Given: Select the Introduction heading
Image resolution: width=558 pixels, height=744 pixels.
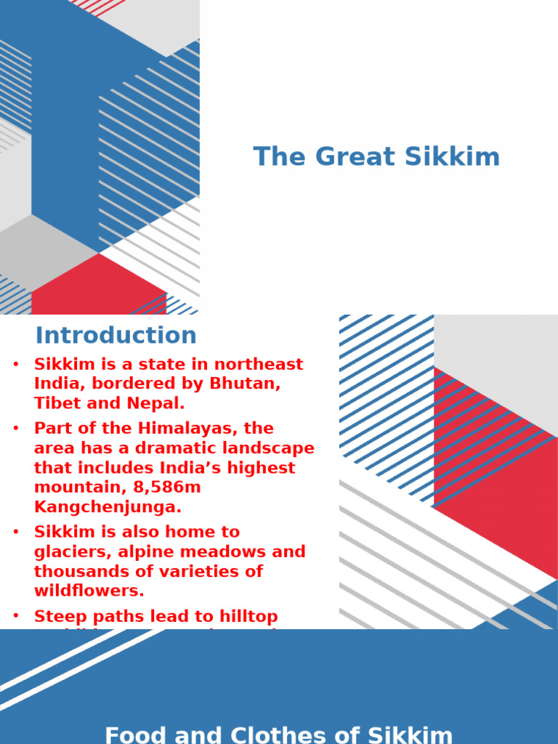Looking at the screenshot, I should [x=116, y=336].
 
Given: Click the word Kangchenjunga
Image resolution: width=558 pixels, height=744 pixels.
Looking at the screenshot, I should [x=108, y=506].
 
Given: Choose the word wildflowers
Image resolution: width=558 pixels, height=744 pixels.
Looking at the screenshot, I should [x=89, y=591].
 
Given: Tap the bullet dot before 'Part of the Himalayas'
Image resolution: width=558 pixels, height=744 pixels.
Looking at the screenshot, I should [x=16, y=429].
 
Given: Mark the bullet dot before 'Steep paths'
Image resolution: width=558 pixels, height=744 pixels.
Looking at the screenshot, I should [x=16, y=617].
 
